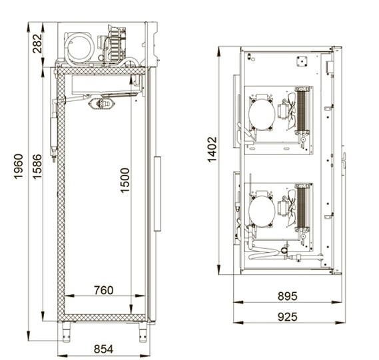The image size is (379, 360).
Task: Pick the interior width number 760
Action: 103,290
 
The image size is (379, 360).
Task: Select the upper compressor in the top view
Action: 261,114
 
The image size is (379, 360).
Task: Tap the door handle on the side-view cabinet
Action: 158,194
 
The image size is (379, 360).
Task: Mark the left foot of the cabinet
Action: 66,329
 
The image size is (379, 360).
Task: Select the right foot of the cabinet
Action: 143,329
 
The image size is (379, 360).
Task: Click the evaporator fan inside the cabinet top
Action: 103,102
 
